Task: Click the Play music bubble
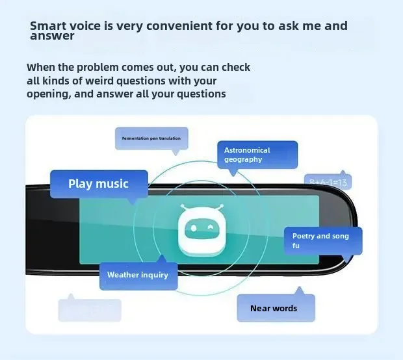tap(99, 184)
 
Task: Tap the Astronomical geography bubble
tap(257, 155)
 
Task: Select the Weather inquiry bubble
tap(138, 275)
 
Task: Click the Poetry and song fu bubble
tap(322, 240)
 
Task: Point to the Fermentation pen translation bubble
tap(151, 138)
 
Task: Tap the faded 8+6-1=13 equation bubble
tap(328, 182)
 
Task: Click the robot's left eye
tap(192, 227)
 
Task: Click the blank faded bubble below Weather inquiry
tap(90, 310)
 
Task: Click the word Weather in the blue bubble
tap(123, 275)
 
